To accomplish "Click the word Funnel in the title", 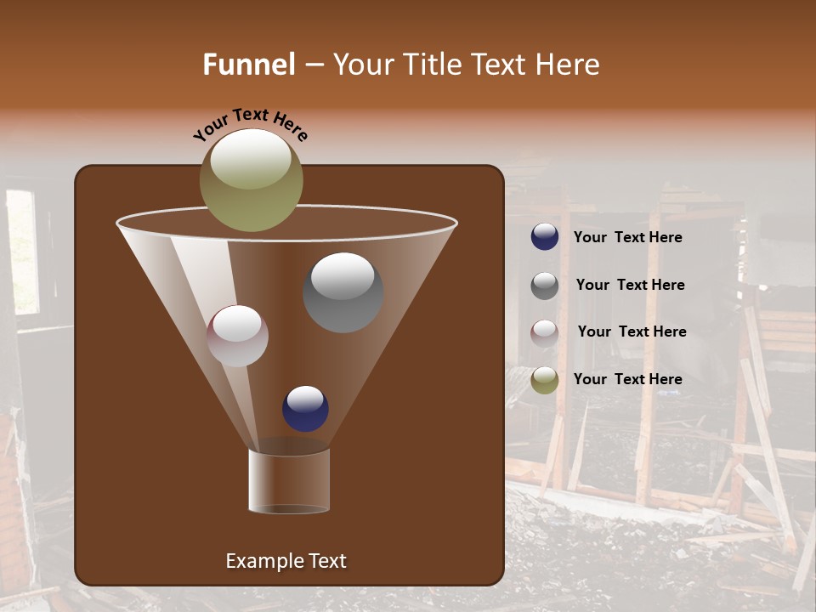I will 248,65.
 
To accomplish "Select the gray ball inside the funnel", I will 343,293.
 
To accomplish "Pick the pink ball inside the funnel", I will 237,337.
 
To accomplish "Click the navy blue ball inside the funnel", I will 305,409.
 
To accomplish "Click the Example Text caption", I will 286,561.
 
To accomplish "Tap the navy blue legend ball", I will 545,237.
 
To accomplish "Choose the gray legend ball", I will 545,286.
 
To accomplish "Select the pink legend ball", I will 545,332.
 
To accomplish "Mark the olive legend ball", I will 545,380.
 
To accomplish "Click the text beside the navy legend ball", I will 627,238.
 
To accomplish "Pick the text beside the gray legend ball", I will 630,286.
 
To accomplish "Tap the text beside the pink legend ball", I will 632,332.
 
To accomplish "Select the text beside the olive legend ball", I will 627,379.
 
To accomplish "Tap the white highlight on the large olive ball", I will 251,159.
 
